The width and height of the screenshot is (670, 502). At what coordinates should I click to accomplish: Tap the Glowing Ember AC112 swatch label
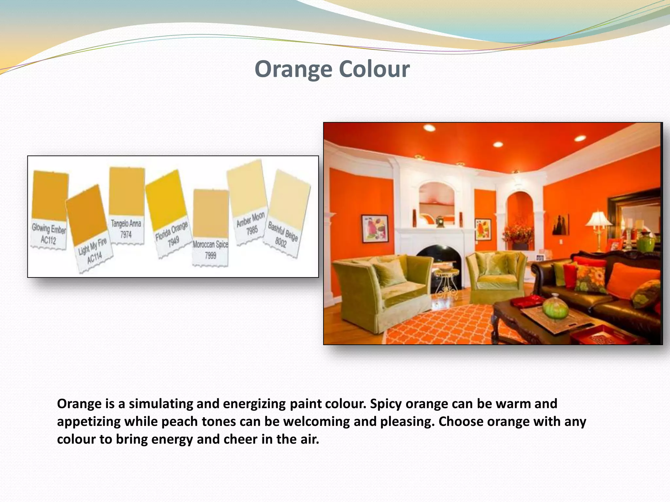(x=48, y=234)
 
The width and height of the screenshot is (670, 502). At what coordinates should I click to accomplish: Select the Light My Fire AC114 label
(x=93, y=251)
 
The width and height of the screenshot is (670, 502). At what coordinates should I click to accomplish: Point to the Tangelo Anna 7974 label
(x=126, y=229)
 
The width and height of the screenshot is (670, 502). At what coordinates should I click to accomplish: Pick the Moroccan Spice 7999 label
(x=210, y=250)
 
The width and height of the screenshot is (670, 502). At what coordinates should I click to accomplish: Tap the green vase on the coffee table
(x=555, y=306)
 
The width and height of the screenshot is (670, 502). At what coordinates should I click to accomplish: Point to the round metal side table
(x=447, y=281)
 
